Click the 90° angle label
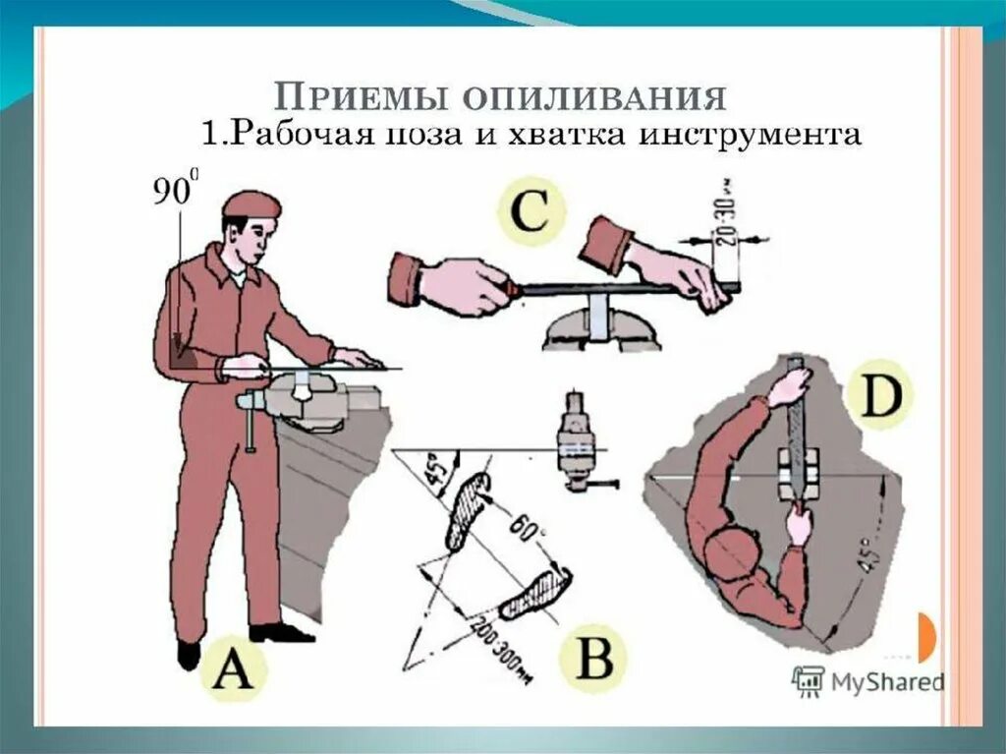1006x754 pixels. pos(174,191)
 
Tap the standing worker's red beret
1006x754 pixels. pos(251,204)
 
